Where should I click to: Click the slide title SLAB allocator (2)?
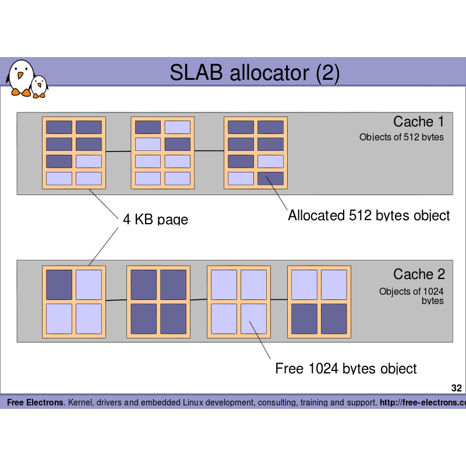pyautogui.click(x=255, y=73)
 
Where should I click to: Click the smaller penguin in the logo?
pyautogui.click(x=39, y=86)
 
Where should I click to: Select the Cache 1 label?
pyautogui.click(x=418, y=122)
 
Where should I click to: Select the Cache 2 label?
pyautogui.click(x=418, y=274)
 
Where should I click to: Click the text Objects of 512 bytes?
pyautogui.click(x=401, y=137)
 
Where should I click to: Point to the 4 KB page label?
pyautogui.click(x=155, y=220)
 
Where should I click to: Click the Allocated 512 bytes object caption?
pyautogui.click(x=369, y=216)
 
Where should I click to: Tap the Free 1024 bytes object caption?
pyautogui.click(x=346, y=369)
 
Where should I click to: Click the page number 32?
pyautogui.click(x=457, y=388)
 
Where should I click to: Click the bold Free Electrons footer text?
pyautogui.click(x=36, y=403)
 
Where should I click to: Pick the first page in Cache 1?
pyautogui.click(x=74, y=153)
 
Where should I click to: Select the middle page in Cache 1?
pyautogui.click(x=163, y=153)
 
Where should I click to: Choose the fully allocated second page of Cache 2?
pyautogui.click(x=158, y=302)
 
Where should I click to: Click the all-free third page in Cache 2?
pyautogui.click(x=239, y=302)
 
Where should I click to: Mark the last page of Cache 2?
pyautogui.click(x=319, y=302)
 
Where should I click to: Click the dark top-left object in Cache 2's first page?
pyautogui.click(x=59, y=285)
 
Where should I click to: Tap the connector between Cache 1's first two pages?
pyautogui.click(x=118, y=152)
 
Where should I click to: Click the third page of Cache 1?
pyautogui.click(x=256, y=153)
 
